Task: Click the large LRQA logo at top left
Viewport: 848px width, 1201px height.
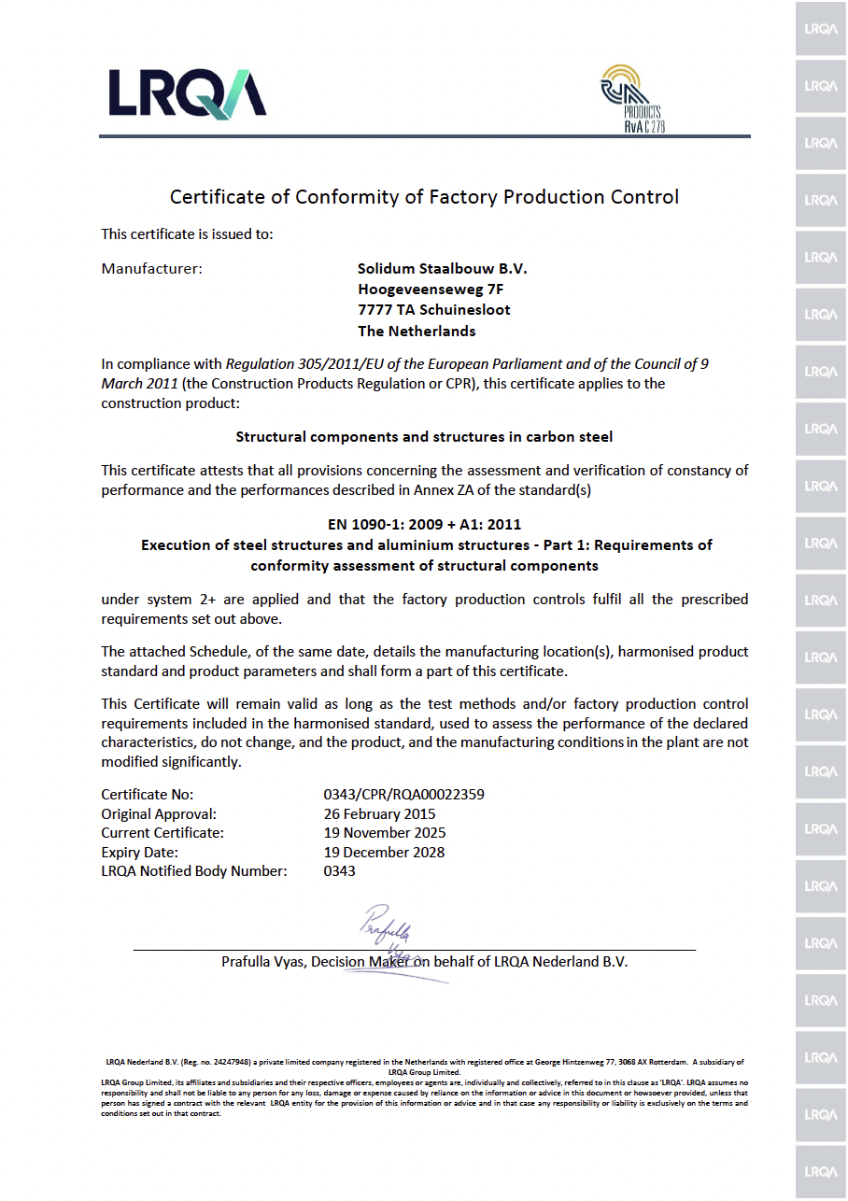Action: pos(187,93)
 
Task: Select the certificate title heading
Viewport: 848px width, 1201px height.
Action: pos(424,197)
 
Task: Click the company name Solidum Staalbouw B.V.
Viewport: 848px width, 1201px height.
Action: pos(442,269)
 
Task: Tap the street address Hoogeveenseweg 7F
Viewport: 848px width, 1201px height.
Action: pos(431,290)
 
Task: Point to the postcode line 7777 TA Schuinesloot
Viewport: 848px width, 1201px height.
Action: pos(434,310)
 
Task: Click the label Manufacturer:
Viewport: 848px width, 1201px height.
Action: pos(151,269)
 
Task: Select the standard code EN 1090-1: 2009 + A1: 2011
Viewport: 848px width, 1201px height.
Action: pos(425,524)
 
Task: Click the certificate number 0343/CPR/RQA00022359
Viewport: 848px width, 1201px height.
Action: pos(403,795)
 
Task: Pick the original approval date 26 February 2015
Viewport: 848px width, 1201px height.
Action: pos(379,814)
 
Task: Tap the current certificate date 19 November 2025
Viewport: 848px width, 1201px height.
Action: pos(384,833)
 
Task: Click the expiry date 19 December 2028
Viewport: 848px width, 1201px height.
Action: pos(384,852)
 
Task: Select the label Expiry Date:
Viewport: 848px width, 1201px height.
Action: pos(139,852)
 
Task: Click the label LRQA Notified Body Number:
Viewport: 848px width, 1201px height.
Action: pos(193,871)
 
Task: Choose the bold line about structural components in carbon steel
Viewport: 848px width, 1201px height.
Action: pos(424,437)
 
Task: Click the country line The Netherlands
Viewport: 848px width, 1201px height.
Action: pos(417,332)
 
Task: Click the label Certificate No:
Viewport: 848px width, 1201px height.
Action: pos(147,795)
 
